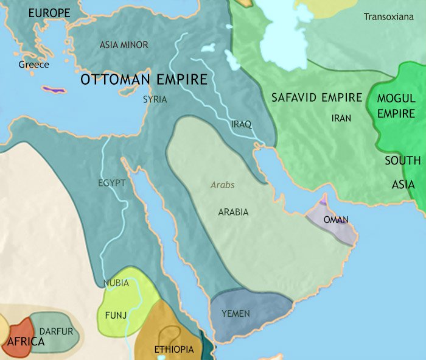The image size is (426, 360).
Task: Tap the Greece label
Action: (33, 65)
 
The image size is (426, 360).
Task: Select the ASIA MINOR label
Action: (124, 44)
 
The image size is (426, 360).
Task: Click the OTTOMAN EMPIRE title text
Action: (144, 80)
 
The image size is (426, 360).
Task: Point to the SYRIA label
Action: (155, 99)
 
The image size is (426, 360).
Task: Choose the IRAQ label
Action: (242, 124)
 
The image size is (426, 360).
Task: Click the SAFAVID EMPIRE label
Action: (316, 97)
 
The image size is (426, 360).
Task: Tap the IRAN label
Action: (341, 118)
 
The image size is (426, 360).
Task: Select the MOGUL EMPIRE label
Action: (396, 105)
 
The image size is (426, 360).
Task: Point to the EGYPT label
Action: (111, 183)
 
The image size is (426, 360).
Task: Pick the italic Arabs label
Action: (222, 185)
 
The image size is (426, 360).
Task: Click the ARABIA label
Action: (233, 212)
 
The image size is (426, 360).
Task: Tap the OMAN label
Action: (336, 220)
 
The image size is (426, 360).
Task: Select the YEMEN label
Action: (236, 314)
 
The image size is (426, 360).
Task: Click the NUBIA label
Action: (116, 283)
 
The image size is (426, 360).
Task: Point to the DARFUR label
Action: (56, 331)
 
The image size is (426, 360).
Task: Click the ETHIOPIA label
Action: (174, 349)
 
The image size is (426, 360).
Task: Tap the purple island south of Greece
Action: (54, 90)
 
